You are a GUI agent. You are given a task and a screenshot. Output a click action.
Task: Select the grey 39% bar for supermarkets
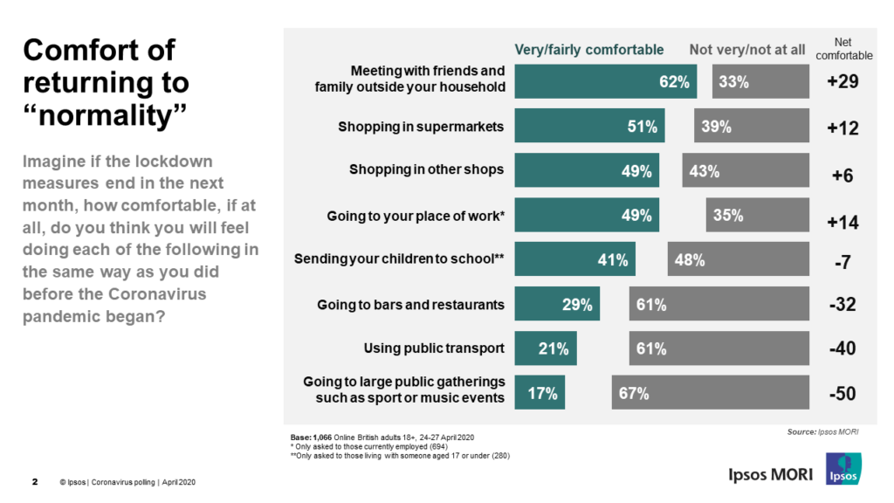(x=746, y=126)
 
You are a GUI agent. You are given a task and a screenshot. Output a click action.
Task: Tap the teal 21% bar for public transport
(x=545, y=348)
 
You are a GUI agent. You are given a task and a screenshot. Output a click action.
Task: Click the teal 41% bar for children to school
(x=574, y=259)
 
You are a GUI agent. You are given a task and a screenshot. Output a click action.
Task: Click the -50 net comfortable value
(x=842, y=394)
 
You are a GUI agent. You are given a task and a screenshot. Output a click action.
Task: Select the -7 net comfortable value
(x=842, y=261)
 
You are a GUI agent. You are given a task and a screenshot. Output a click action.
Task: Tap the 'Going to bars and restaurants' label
(x=410, y=305)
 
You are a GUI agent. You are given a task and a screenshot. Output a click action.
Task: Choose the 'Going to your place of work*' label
(x=416, y=215)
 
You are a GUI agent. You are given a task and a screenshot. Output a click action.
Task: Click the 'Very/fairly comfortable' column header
(x=588, y=50)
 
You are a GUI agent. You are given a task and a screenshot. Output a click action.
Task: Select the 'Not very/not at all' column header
(x=746, y=50)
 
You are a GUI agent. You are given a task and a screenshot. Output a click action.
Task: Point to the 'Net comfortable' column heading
(x=842, y=49)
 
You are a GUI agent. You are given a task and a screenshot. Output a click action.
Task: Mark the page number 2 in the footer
(x=35, y=482)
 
